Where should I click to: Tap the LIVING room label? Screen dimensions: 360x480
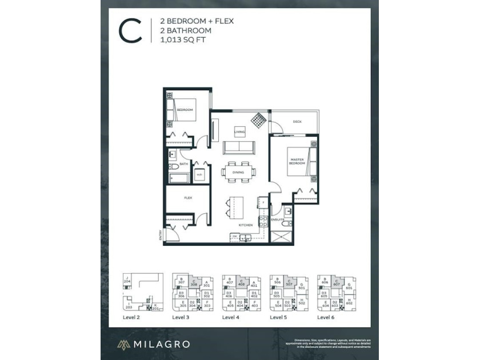coord(239,132)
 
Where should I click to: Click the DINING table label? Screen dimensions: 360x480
coord(238,173)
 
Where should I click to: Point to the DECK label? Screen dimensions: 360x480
coord(297,122)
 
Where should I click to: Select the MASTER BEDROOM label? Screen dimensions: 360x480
coord(297,161)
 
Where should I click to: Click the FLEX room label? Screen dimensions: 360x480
coord(187,198)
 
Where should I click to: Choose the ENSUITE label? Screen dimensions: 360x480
coord(278,219)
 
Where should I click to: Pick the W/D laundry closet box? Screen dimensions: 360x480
coord(199,174)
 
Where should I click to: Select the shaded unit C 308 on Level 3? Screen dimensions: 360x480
coord(194,282)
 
